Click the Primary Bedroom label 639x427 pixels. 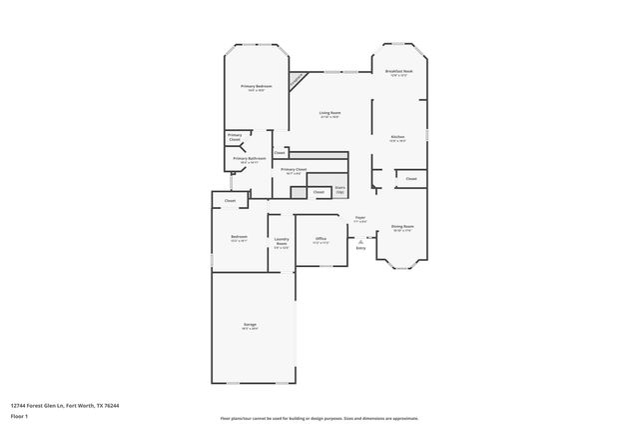[256, 88]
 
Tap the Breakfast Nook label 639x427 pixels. [398, 73]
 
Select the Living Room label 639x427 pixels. [329, 114]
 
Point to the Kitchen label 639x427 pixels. [396, 138]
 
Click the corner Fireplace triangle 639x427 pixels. [299, 80]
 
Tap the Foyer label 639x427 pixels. [359, 219]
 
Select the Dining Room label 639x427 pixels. [403, 228]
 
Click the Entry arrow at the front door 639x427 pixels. [361, 240]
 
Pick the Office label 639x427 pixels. [320, 240]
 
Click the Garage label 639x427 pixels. [250, 325]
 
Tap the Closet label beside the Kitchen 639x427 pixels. [410, 179]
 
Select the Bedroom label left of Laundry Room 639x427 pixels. [240, 238]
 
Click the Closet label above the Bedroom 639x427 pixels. [230, 201]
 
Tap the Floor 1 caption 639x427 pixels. [18, 415]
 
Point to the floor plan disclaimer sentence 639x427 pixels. [319, 418]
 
